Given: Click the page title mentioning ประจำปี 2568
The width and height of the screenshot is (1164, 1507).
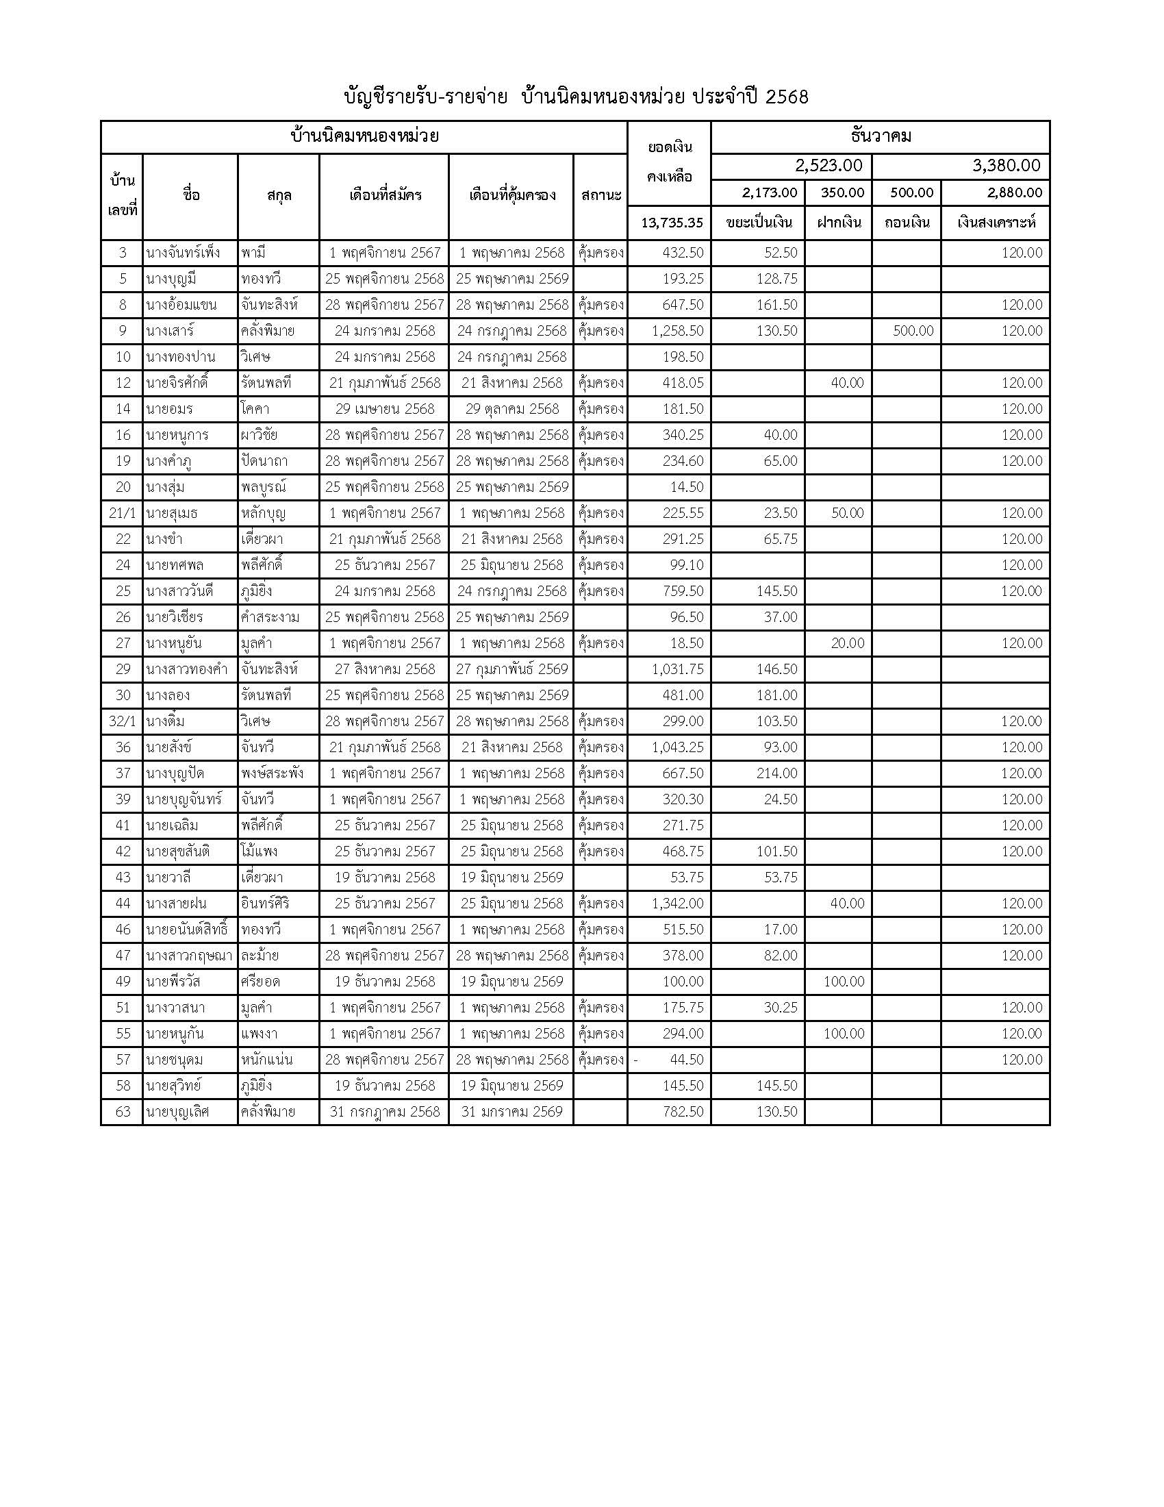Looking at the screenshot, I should [575, 97].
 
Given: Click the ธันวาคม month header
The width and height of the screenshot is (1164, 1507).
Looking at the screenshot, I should [880, 136].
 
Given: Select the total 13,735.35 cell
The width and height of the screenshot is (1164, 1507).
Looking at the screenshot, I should [672, 223].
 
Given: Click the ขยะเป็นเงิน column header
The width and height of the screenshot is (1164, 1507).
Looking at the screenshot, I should [758, 223].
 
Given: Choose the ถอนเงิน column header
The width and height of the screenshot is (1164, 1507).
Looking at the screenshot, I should [906, 223].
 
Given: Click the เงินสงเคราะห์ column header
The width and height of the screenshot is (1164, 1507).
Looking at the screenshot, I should [996, 223].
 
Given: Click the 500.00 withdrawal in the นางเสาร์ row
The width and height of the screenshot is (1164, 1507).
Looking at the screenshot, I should [913, 332].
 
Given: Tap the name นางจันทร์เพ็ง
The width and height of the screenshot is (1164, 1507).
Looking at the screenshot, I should [184, 253].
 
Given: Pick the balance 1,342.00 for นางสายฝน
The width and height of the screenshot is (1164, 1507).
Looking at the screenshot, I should [677, 904].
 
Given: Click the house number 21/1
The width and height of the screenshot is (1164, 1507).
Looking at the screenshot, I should [123, 513].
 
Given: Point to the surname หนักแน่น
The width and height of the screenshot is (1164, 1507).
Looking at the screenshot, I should [267, 1060].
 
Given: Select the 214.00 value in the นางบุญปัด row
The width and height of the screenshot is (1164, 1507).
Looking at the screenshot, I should [776, 773].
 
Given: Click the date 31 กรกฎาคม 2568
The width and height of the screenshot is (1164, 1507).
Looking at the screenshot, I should [384, 1112].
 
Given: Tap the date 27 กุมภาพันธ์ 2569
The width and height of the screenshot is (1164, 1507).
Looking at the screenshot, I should [511, 669].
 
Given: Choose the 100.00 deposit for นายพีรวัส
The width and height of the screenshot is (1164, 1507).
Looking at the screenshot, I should [844, 982].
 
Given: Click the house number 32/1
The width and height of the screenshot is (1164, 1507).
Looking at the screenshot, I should [123, 722].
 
